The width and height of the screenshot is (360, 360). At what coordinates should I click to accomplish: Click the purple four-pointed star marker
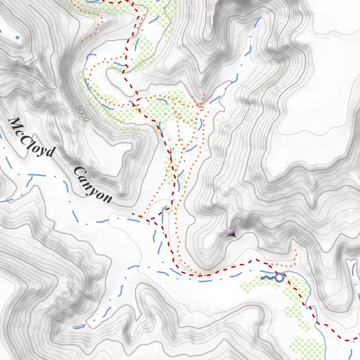click(231, 232)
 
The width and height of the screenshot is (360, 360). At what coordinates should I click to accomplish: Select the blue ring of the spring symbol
click(279, 278)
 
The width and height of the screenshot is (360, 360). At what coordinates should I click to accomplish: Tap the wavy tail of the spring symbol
click(267, 278)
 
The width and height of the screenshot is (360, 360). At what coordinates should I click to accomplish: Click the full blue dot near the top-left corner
click(17, 37)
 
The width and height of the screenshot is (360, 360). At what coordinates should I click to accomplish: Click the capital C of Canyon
click(78, 172)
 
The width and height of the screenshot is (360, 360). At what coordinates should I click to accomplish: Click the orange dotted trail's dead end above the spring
click(296, 251)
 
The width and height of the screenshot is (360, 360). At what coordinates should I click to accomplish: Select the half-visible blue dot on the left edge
click(1, 31)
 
